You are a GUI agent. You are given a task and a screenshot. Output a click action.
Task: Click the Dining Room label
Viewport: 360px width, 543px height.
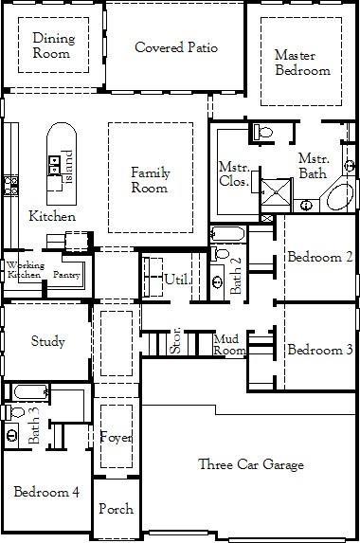pyautogui.click(x=53, y=46)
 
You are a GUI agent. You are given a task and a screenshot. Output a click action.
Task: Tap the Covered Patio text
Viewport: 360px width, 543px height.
pyautogui.click(x=176, y=47)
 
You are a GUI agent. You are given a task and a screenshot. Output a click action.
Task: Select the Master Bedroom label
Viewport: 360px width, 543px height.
pyautogui.click(x=302, y=63)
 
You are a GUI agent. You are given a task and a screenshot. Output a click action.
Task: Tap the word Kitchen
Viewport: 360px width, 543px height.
pyautogui.click(x=52, y=216)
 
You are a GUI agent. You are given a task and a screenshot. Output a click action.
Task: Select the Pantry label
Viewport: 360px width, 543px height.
pyautogui.click(x=66, y=274)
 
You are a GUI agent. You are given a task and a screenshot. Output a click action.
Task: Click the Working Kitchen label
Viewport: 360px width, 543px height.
pyautogui.click(x=24, y=269)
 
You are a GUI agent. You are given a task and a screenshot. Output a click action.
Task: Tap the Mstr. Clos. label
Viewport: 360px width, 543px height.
pyautogui.click(x=234, y=172)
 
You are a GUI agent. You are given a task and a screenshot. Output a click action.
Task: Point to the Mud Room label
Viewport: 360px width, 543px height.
pyautogui.click(x=228, y=344)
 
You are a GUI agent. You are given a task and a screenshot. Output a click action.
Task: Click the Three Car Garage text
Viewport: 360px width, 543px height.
pyautogui.click(x=251, y=464)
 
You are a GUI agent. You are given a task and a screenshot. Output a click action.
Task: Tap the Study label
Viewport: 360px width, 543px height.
pyautogui.click(x=48, y=341)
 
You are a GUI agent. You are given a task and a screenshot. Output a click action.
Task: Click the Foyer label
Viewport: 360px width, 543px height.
pyautogui.click(x=116, y=437)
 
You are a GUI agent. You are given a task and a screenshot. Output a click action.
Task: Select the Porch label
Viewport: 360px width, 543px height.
pyautogui.click(x=116, y=509)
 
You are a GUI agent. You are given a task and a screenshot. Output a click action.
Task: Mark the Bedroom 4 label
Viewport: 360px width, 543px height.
pyautogui.click(x=45, y=492)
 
